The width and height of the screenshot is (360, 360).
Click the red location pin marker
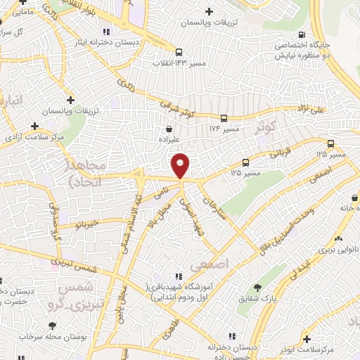[x=181, y=166]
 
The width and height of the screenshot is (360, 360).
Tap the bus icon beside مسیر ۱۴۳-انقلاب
[x=179, y=52]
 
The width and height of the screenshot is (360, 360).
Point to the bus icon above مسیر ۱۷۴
[x=224, y=118]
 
